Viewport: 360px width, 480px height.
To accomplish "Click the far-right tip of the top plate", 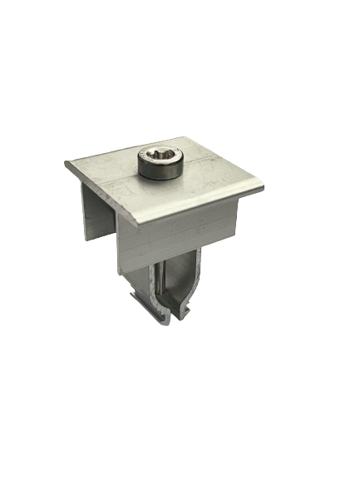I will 264,188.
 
